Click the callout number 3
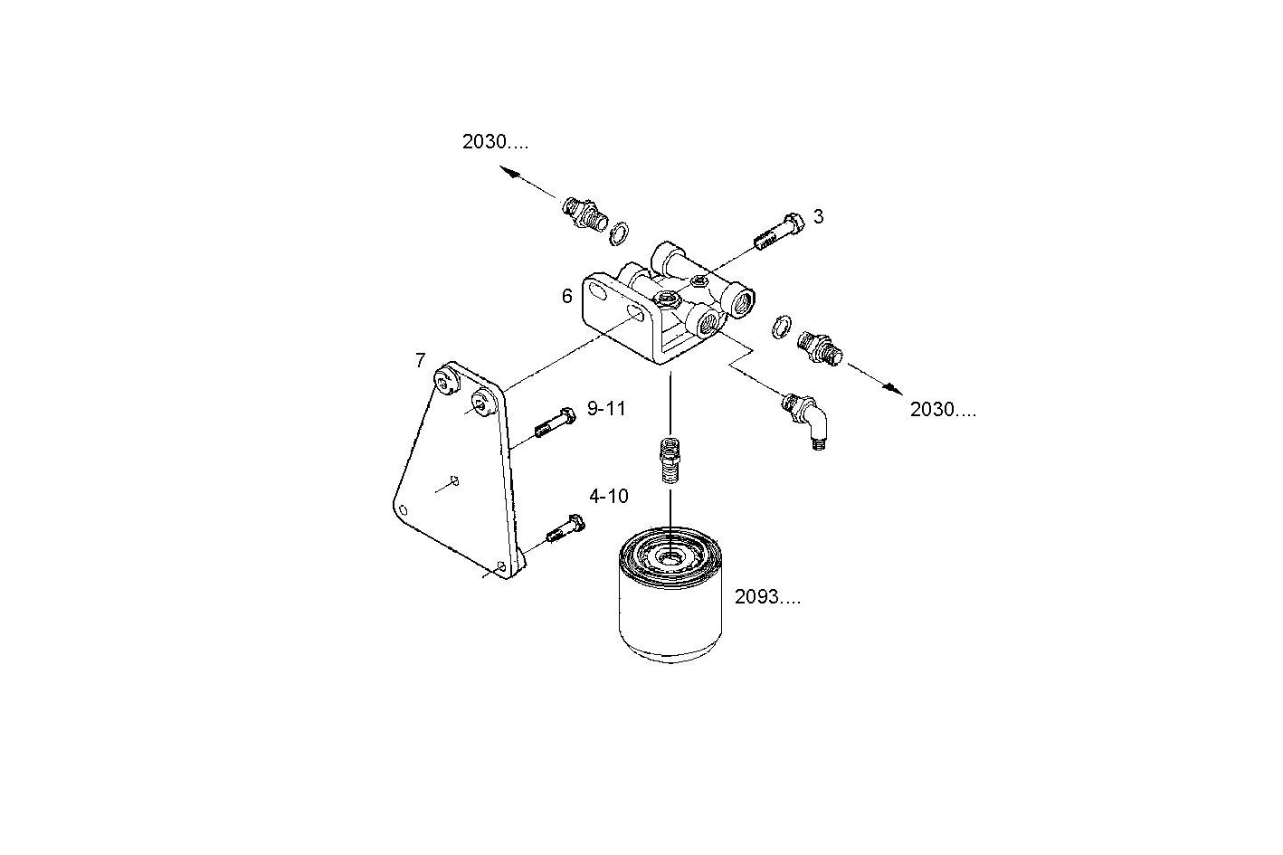tap(818, 216)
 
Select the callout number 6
tap(566, 296)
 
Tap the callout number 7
tap(420, 361)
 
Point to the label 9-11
tap(606, 409)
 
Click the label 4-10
tap(608, 496)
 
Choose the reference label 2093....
tap(767, 597)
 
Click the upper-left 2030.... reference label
tap(495, 142)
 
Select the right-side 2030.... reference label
tap(943, 410)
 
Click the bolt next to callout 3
tap(778, 232)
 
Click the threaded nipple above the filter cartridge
tap(669, 460)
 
